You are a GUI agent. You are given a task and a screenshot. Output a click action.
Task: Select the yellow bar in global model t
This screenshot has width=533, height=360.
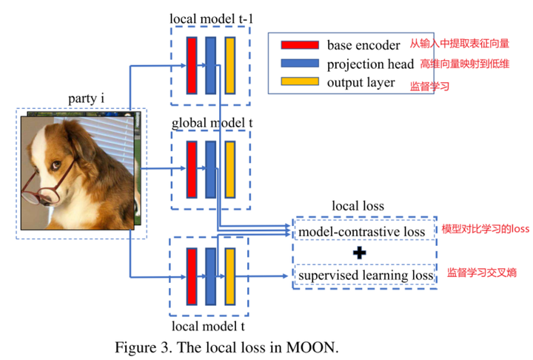point(229,170)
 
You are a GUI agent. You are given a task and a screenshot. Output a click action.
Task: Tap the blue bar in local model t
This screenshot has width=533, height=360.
point(211,276)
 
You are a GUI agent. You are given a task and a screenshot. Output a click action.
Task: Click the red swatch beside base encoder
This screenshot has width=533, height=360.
point(295,45)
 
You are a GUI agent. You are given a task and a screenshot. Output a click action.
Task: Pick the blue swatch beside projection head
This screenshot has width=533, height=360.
point(295,64)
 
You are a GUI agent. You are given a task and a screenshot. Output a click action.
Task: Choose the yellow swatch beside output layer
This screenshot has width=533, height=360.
point(295,82)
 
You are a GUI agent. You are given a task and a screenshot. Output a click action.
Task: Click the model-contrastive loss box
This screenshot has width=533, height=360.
point(361,232)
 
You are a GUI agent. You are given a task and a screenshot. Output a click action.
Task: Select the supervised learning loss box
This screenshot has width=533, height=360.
point(365,276)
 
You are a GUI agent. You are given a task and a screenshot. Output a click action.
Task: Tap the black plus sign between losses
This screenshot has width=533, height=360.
point(360,253)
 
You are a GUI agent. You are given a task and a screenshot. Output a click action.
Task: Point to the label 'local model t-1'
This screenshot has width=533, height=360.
point(210,17)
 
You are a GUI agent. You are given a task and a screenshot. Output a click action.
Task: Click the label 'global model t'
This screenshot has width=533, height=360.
point(210,121)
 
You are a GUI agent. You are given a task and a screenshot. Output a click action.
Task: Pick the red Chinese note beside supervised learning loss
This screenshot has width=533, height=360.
point(482,273)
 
